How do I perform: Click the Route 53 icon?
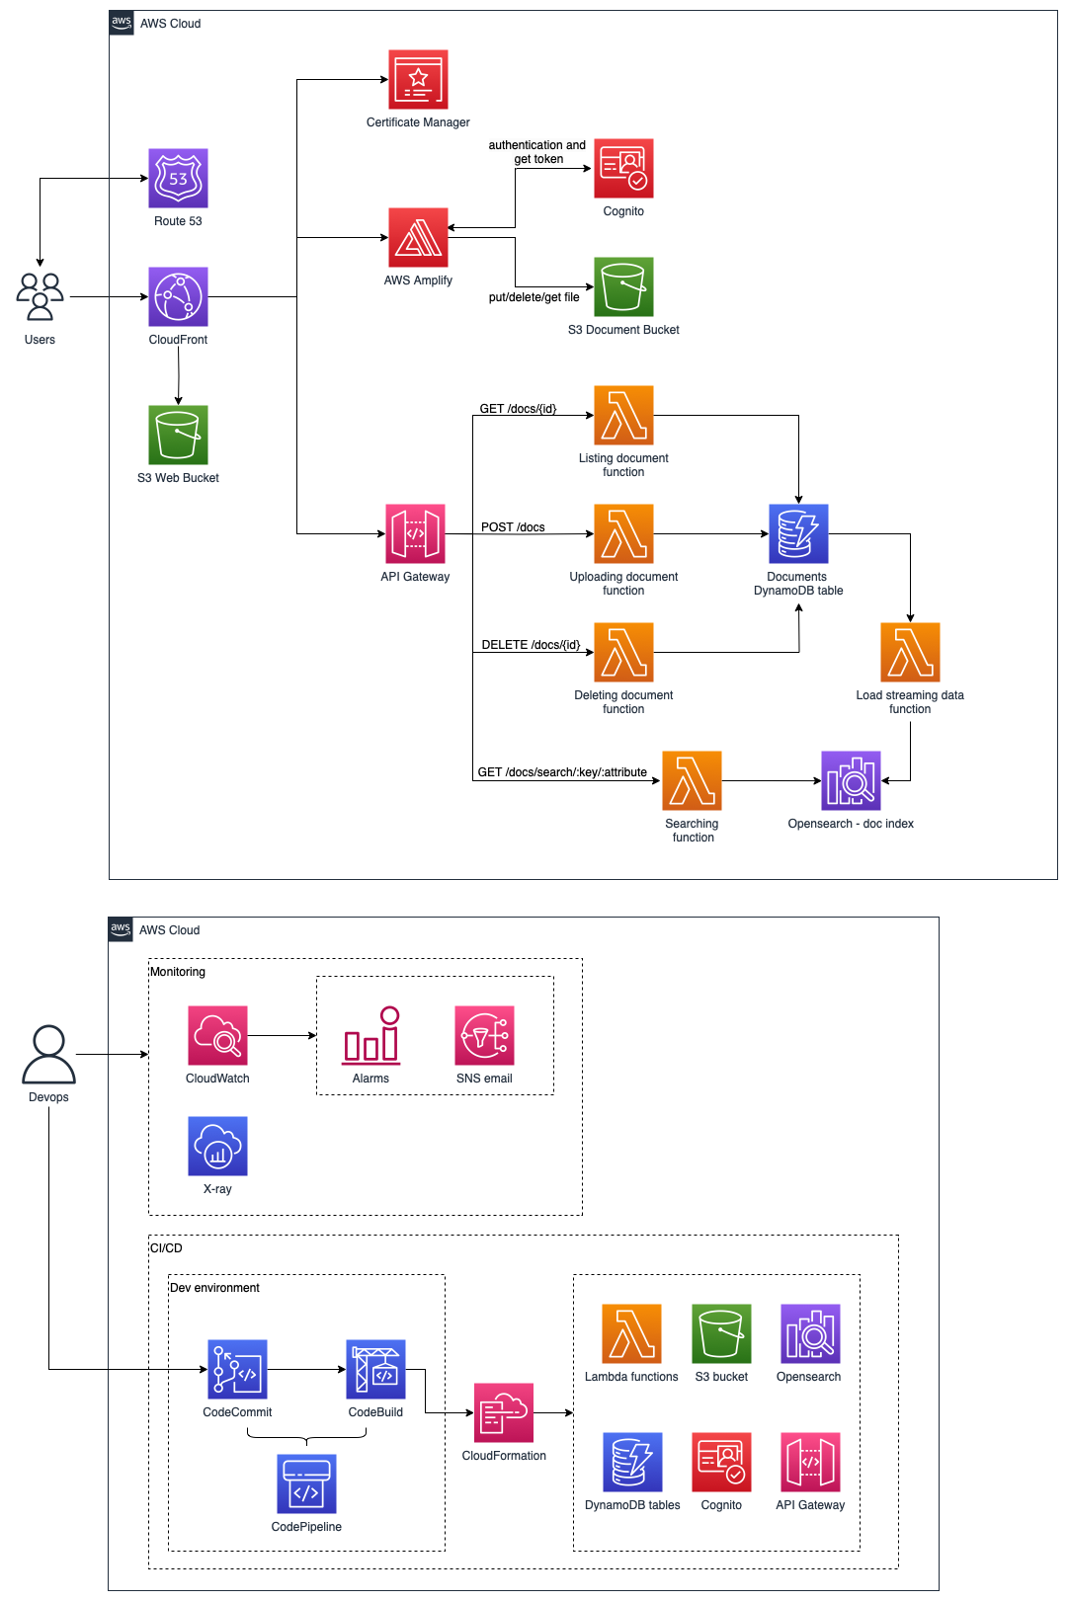coord(178,178)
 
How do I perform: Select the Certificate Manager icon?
coord(418,79)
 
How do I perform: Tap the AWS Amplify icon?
coord(418,237)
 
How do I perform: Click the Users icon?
coord(41,296)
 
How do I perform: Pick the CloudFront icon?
coord(178,296)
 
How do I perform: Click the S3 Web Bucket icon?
coord(178,435)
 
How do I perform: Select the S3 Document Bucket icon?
coord(623,286)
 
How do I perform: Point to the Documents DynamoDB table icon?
coord(798,533)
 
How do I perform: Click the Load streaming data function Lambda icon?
coord(910,652)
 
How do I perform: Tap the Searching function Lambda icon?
coord(692,780)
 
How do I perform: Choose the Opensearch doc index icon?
coord(851,780)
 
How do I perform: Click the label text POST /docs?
coord(513,526)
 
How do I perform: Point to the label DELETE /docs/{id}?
coord(531,645)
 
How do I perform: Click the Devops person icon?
coord(48,1054)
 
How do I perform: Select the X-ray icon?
coord(217,1146)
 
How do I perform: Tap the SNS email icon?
coord(484,1035)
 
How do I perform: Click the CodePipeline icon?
coord(306,1483)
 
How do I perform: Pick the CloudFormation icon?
coord(503,1412)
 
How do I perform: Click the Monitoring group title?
coord(177,971)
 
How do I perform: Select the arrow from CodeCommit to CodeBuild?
coord(306,1370)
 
